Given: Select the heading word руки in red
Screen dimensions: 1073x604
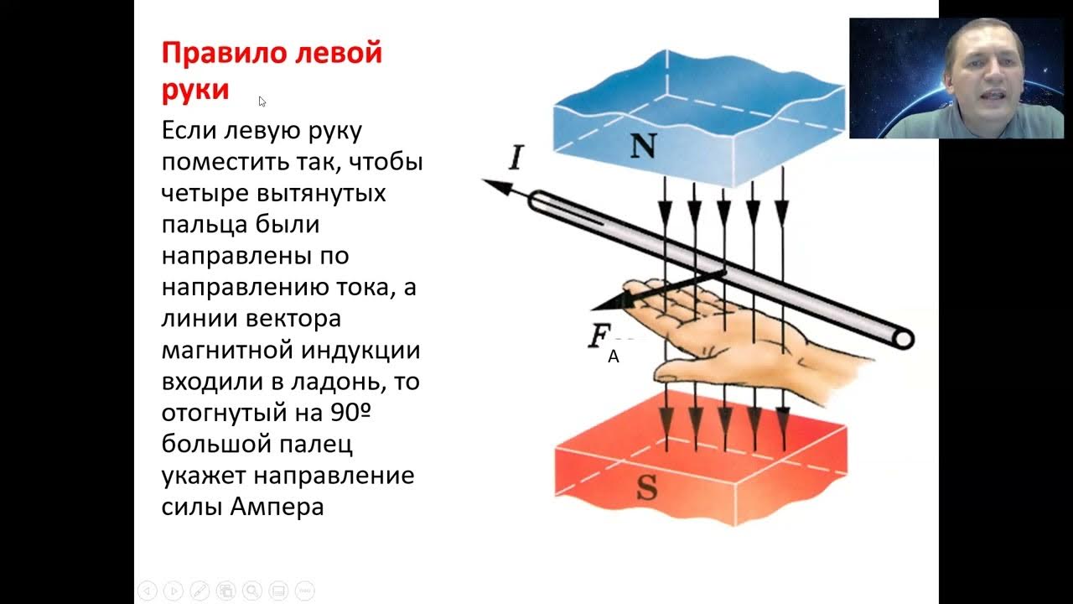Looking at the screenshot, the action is pyautogui.click(x=195, y=90).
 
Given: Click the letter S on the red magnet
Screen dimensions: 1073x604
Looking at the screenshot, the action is pyautogui.click(x=646, y=489).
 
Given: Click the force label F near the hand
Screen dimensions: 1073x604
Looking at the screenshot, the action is pyautogui.click(x=599, y=336).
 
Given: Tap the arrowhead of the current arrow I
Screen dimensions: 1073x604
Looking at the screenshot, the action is pyautogui.click(x=495, y=185).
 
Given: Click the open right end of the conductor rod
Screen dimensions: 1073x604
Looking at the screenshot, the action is pyautogui.click(x=903, y=339).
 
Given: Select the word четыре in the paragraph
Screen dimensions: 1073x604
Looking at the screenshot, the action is pyautogui.click(x=199, y=193).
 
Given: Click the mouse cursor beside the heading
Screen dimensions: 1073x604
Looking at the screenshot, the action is pyautogui.click(x=262, y=101).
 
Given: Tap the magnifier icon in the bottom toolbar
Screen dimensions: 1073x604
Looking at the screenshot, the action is pyautogui.click(x=253, y=591).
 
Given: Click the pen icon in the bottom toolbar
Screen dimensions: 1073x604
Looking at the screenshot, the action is pyautogui.click(x=200, y=591).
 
